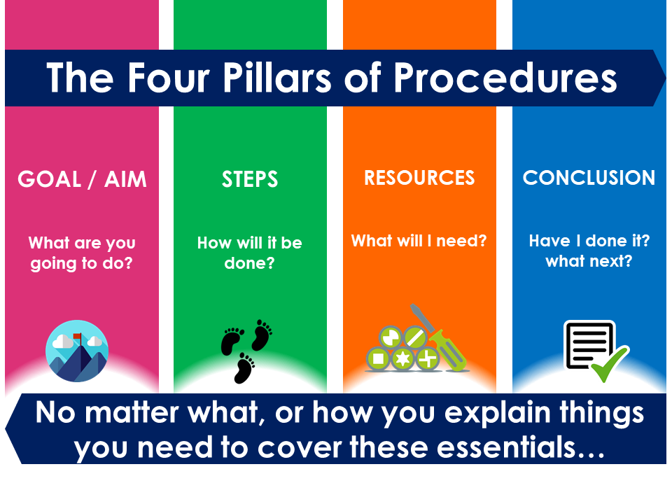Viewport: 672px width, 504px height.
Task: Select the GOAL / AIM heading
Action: click(82, 179)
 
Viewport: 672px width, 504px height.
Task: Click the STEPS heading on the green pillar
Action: click(250, 178)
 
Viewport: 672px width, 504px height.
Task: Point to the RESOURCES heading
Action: click(419, 178)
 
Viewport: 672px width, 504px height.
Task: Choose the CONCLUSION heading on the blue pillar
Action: click(589, 178)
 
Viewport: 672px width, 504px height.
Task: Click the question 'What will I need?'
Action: click(419, 241)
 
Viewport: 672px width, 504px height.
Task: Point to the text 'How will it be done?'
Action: click(250, 253)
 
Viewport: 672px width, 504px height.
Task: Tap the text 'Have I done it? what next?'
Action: click(589, 251)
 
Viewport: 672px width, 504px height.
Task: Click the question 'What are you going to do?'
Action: click(82, 253)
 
